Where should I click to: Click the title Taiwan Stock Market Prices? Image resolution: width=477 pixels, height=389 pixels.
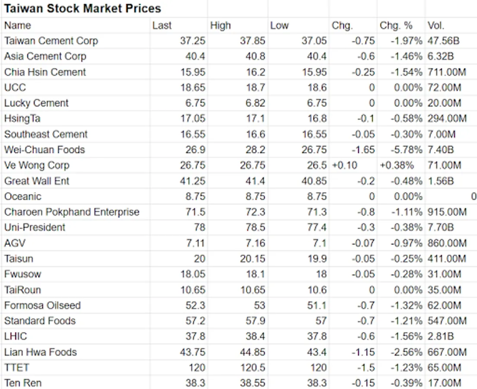click(x=82, y=8)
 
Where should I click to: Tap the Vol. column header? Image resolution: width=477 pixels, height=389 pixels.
click(x=436, y=26)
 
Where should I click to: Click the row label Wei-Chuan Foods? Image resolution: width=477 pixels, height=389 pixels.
click(x=44, y=150)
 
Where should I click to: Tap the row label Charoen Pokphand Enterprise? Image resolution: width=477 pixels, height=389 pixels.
click(x=72, y=212)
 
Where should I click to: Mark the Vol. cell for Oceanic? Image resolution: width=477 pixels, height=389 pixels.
click(x=473, y=197)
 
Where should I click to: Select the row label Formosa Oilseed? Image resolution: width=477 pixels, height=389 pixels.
click(x=42, y=306)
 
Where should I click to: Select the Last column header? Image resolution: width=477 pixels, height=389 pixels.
click(x=162, y=26)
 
